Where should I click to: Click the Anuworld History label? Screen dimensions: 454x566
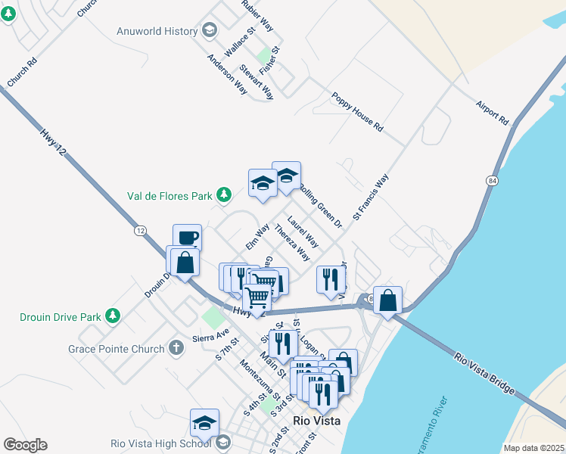coord(157,31)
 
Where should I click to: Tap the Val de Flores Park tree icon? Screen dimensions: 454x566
coord(224,196)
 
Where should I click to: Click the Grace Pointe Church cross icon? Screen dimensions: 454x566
coord(176,349)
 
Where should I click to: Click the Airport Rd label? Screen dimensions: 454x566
coord(493,112)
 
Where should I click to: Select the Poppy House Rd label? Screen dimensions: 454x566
coord(358,109)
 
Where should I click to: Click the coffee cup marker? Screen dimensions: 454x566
coord(187,238)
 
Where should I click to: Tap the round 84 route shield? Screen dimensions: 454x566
coord(492,181)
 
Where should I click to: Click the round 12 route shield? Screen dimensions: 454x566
coord(141,229)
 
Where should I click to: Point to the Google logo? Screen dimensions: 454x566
coord(25,445)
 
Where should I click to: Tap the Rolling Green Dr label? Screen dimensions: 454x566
coord(321,206)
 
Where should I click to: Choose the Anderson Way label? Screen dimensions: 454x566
coord(227,74)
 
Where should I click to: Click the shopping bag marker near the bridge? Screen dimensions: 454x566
coord(387,300)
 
